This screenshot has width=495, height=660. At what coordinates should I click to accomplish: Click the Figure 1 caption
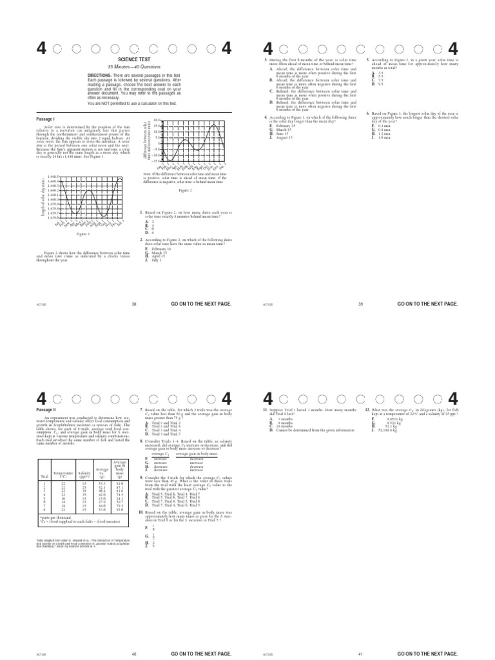pos(82,235)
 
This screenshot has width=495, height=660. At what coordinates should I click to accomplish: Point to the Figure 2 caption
pos(186,191)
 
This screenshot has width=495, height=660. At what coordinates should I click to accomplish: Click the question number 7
pos(141,409)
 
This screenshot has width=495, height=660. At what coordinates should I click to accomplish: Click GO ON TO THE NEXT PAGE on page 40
pos(200,654)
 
